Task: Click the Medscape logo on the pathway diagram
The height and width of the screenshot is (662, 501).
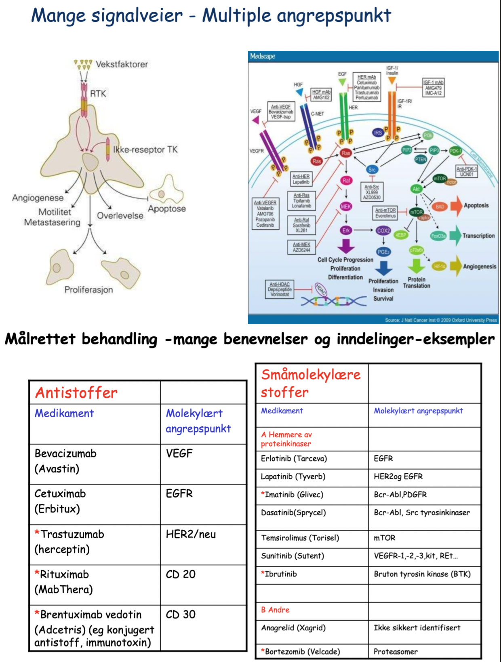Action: tap(263, 56)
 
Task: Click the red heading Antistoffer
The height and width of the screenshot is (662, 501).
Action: tap(76, 392)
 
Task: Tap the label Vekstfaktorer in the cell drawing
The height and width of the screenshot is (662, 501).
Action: tap(122, 64)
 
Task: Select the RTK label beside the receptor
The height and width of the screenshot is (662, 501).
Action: tap(98, 94)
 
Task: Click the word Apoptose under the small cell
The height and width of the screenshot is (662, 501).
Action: tap(167, 209)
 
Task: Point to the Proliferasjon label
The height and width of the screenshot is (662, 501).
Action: tap(89, 290)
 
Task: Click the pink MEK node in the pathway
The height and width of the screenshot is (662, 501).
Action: tap(346, 207)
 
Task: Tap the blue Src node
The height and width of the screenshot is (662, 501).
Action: tap(372, 170)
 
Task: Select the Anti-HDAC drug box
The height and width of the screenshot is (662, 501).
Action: tap(280, 289)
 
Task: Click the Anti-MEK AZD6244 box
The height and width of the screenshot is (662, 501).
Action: tap(302, 247)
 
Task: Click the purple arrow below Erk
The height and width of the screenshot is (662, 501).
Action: tap(346, 245)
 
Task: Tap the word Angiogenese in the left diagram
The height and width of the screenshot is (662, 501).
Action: tap(38, 198)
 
